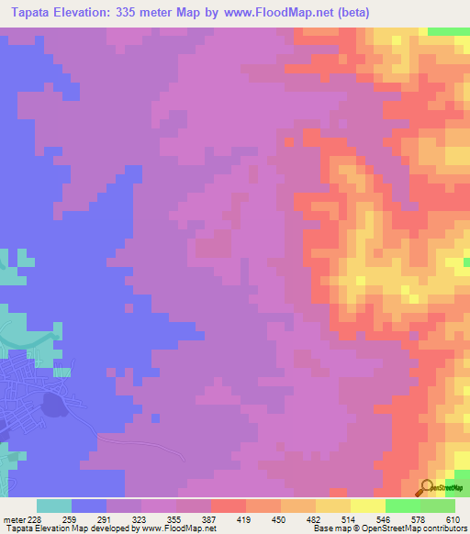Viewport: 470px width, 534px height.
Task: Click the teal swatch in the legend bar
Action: (x=54, y=506)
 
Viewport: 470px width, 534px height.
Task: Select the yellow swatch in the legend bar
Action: (x=332, y=506)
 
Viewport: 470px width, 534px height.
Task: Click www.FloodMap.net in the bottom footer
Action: (x=184, y=528)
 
